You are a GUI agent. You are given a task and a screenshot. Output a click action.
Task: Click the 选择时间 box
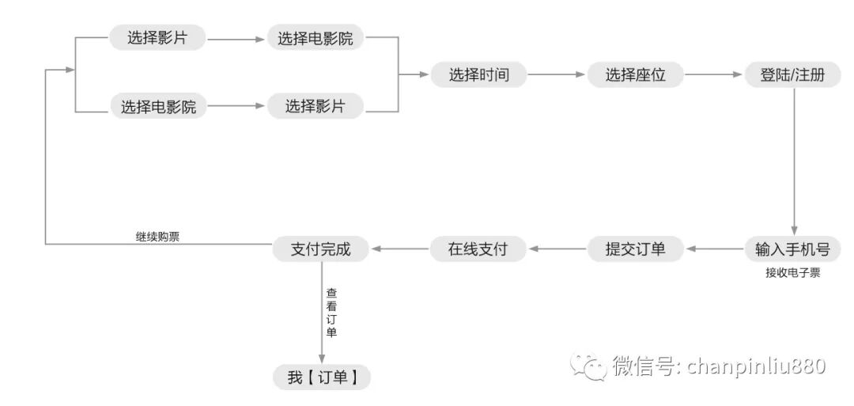point(478,75)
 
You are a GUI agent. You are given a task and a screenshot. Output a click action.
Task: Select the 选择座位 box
point(635,75)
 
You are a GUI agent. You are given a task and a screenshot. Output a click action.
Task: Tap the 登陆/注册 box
point(792,75)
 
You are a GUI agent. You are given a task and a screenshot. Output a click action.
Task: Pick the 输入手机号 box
point(792,249)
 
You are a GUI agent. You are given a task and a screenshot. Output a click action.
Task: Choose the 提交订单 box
point(635,249)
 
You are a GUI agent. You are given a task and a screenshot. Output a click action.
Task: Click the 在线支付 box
point(478,249)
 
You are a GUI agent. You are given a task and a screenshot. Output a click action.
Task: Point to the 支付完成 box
point(321,249)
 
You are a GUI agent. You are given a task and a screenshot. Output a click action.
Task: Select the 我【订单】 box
point(321,378)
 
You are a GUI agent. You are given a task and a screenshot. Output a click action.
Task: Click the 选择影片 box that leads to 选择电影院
point(157,37)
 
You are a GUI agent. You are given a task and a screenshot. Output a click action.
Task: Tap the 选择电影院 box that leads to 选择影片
point(157,106)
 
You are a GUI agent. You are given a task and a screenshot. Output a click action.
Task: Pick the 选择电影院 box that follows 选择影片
point(316,37)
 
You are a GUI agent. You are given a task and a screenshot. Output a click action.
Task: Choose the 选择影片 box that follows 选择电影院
point(316,106)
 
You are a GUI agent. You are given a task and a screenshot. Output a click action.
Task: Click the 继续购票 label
point(158,236)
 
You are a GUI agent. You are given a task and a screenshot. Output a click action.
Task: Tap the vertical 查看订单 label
point(331,312)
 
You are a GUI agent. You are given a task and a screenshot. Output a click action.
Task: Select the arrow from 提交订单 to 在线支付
point(557,249)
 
